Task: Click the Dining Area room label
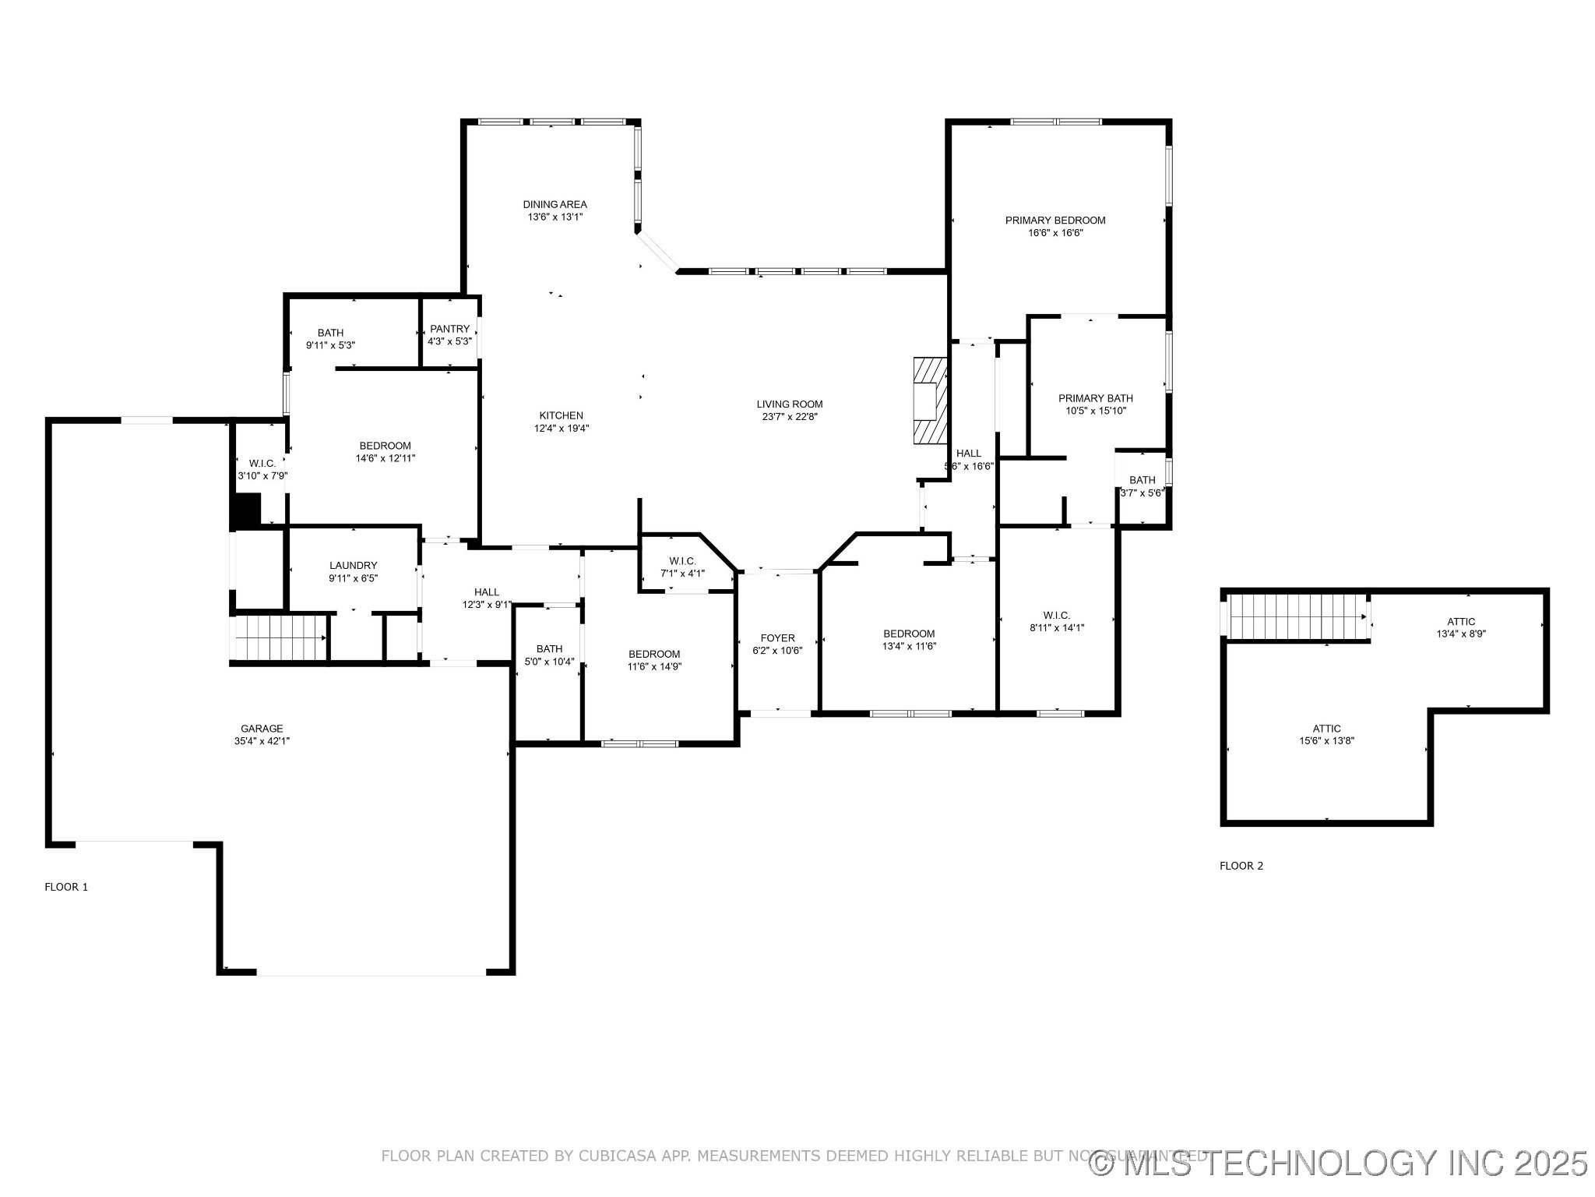click(555, 205)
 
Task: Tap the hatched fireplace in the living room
click(930, 401)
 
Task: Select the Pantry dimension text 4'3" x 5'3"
click(449, 341)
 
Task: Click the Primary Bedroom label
click(1055, 221)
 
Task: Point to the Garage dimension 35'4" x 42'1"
click(262, 741)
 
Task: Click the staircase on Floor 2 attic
click(1297, 616)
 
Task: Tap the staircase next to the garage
click(280, 637)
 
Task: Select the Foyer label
click(777, 638)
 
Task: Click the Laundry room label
click(353, 566)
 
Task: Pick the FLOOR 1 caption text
click(66, 887)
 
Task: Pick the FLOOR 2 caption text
click(1241, 866)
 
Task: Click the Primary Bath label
click(1095, 398)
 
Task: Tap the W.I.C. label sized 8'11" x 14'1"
click(1057, 615)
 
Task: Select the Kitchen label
click(561, 415)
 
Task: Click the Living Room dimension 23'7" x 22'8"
click(789, 416)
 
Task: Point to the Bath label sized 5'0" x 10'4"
click(549, 649)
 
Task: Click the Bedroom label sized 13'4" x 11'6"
click(908, 634)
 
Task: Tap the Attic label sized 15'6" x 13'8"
click(1326, 729)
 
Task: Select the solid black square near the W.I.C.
click(247, 511)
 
